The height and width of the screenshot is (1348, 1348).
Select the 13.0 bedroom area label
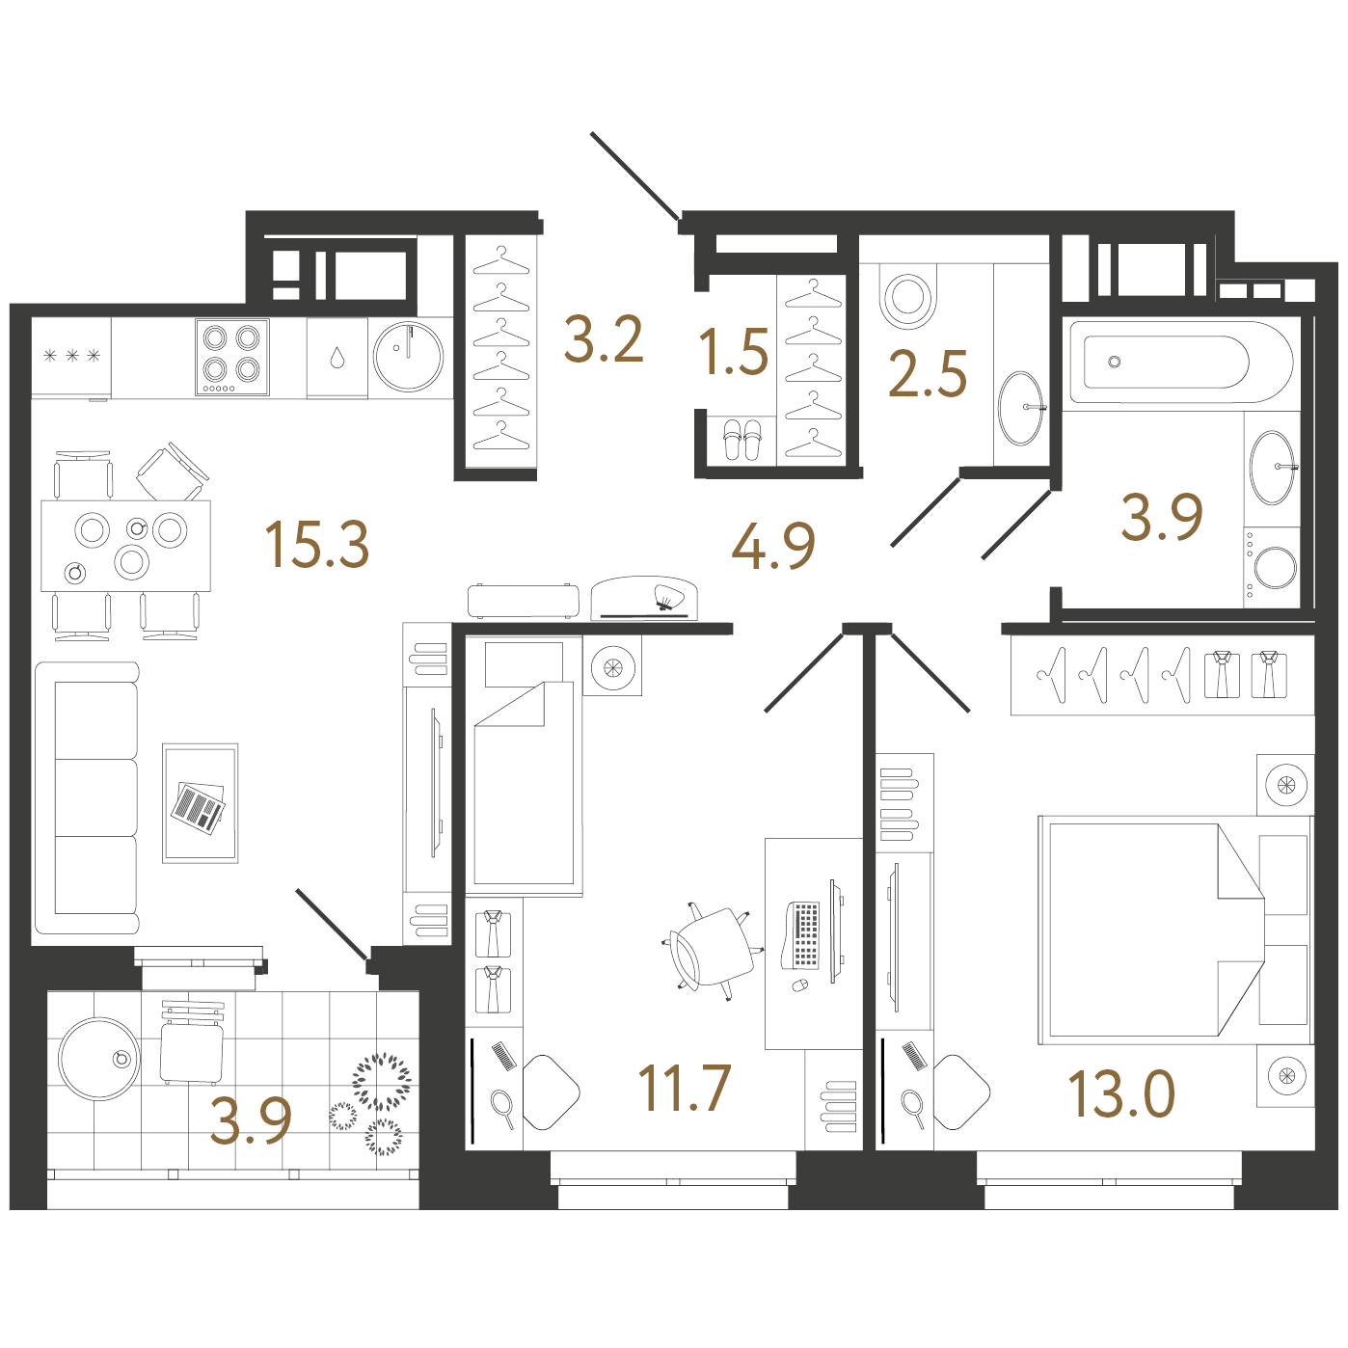pos(1121,1094)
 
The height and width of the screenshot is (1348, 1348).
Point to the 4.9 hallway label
pos(773,545)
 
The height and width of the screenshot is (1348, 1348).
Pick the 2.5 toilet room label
pos(928,373)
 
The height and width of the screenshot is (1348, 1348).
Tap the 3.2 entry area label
pos(603,340)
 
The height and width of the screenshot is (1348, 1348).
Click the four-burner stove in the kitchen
pos(232,357)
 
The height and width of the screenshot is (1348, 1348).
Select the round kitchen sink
pos(409,357)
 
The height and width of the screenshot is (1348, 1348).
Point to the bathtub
pos(1181,362)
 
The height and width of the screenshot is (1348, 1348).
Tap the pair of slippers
pos(741,440)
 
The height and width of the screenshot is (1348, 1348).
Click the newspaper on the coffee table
pos(199,808)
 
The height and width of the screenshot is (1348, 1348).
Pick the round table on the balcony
pos(99,1059)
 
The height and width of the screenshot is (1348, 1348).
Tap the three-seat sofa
pos(88,797)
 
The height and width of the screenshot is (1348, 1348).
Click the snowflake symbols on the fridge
pos(72,356)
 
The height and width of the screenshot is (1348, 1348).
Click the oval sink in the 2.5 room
pos(1021,409)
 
